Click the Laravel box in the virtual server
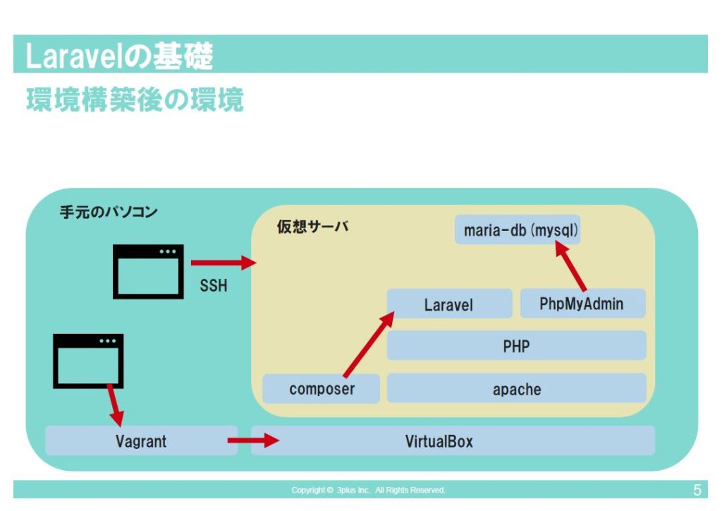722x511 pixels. pos(449,303)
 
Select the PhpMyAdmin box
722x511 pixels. pos(582,303)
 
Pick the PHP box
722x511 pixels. pos(516,346)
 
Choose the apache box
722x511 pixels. pos(516,389)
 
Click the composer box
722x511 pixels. pos(322,389)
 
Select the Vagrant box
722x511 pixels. pos(141,441)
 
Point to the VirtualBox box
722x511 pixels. pos(453,441)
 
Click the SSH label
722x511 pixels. pos(214,287)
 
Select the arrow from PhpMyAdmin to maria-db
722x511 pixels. pos(570,266)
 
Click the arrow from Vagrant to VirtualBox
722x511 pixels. pos(252,441)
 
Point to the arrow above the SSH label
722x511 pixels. pos(221,263)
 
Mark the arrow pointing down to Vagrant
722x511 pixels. pos(114,404)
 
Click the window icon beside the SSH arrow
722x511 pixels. pos(148,272)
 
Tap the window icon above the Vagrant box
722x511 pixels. pos(88,361)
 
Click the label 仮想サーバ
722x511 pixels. pos(312,228)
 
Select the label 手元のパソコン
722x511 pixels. pos(108,211)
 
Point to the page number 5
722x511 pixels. pos(697,490)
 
